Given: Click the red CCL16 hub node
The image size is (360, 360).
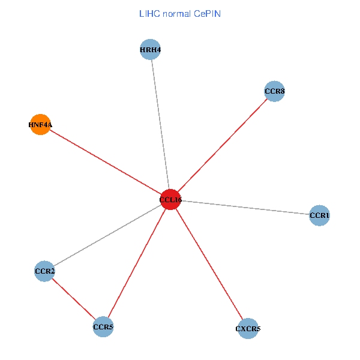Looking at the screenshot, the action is pos(170,200).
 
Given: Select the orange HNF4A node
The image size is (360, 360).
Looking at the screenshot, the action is pos(40,125).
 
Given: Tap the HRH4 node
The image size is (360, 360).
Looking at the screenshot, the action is pos(151,50).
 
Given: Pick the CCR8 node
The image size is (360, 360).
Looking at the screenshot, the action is pos(274,92).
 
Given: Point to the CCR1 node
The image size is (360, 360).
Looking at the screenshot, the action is pos(320,215).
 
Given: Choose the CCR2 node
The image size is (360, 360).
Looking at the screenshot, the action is pos(45,271).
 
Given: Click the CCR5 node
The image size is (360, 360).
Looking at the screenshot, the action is pos(103,327).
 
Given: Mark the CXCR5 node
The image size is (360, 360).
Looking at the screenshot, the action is pos(248,329).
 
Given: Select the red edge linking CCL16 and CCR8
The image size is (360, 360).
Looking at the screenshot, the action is pos(222,146).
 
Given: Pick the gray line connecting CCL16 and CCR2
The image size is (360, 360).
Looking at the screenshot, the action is pos(108,235).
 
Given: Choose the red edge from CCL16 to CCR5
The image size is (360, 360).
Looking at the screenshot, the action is pos(137,263).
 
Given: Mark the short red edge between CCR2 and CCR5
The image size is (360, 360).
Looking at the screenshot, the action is pos(74,299).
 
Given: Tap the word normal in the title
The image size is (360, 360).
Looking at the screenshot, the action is pos(176,13).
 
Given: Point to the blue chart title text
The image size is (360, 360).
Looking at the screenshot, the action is pos(180,13).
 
